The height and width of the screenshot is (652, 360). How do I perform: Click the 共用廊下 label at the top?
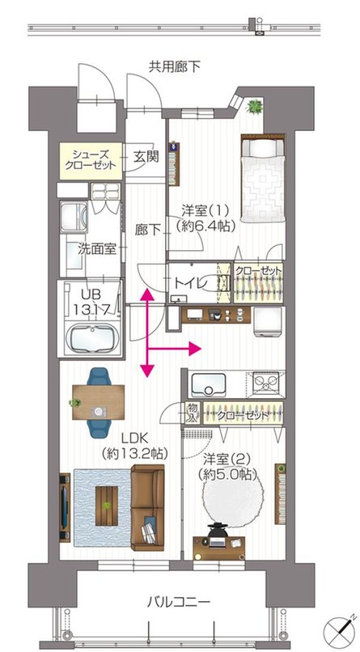(x=174, y=66)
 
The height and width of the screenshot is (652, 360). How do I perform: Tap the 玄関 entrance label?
(x=146, y=157)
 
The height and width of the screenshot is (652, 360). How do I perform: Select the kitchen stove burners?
(x=265, y=383)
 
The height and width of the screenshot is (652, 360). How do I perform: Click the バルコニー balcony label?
(x=179, y=603)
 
